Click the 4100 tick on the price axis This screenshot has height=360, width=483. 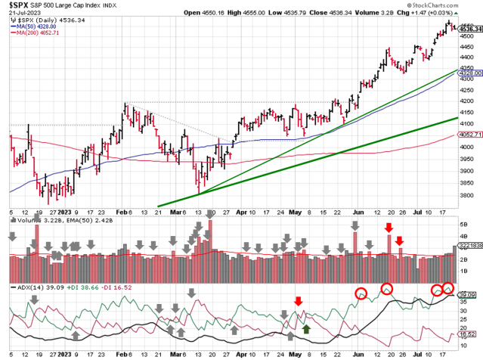(469, 123)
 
